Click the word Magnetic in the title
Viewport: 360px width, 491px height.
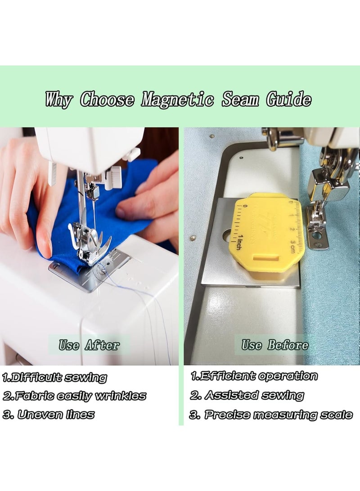pos(177,99)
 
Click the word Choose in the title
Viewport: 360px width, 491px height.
pos(107,99)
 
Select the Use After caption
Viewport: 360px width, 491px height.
pos(89,345)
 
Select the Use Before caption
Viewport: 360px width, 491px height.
pos(275,345)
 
